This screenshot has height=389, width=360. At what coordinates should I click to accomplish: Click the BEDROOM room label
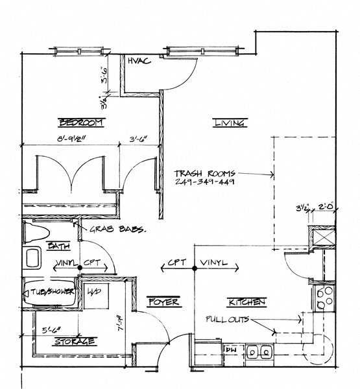pyautogui.click(x=81, y=123)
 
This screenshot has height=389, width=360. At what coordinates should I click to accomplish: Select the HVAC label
pyautogui.click(x=139, y=61)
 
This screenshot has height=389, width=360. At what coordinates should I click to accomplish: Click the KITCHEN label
pyautogui.click(x=245, y=302)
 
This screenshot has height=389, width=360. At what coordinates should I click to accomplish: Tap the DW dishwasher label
pyautogui.click(x=230, y=350)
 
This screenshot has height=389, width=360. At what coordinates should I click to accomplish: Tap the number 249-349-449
pyautogui.click(x=204, y=183)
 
